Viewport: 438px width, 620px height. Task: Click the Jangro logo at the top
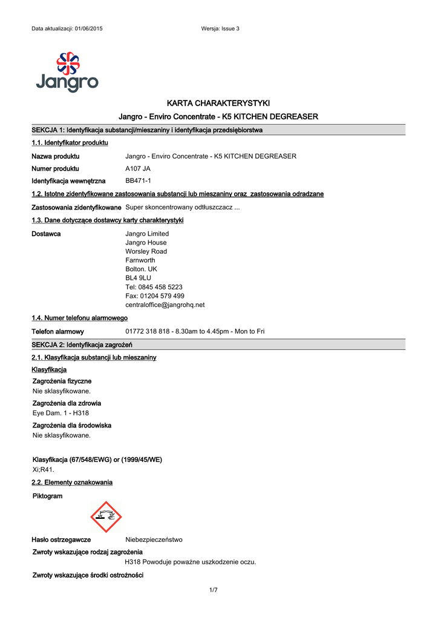coord(67,72)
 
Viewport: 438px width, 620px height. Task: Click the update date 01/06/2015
coord(88,29)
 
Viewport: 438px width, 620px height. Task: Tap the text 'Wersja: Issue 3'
coord(220,29)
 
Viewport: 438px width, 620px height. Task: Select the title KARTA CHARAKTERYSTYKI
coord(218,103)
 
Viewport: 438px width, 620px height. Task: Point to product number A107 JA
coord(138,169)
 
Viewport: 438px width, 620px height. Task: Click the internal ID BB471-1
coord(138,181)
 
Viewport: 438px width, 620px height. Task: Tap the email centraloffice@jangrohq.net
coord(165,305)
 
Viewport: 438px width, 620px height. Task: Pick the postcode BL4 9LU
coord(138,278)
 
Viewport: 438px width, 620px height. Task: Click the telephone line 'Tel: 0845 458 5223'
coord(154,287)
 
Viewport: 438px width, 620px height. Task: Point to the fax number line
coord(155,296)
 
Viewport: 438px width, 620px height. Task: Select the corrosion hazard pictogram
coord(106,516)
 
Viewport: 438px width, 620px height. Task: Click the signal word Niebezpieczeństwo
coord(154,539)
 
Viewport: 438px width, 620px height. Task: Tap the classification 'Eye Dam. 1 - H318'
coord(60,413)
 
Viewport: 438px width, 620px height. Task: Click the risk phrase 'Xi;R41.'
coord(43,469)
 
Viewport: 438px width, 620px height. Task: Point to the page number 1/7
coord(213,590)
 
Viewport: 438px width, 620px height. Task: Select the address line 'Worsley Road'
coord(146,251)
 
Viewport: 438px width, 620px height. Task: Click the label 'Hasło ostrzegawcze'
coord(61,539)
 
